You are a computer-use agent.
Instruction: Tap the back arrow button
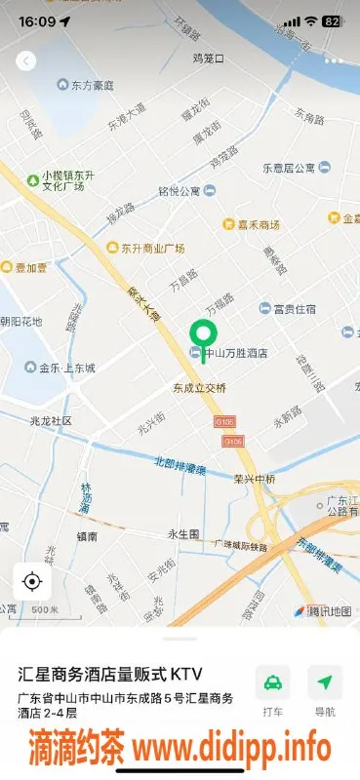pyautogui.click(x=26, y=60)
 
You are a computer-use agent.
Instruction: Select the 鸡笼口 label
pyautogui.click(x=208, y=58)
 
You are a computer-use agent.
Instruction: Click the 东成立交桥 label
pyautogui.click(x=200, y=387)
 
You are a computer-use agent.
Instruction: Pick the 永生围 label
pyautogui.click(x=183, y=534)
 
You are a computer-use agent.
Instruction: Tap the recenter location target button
pyautogui.click(x=31, y=582)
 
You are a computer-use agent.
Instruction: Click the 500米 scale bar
pyautogui.click(x=43, y=610)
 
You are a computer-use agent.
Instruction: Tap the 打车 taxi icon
pyautogui.click(x=273, y=682)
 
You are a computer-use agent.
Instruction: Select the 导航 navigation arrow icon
pyautogui.click(x=325, y=682)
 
